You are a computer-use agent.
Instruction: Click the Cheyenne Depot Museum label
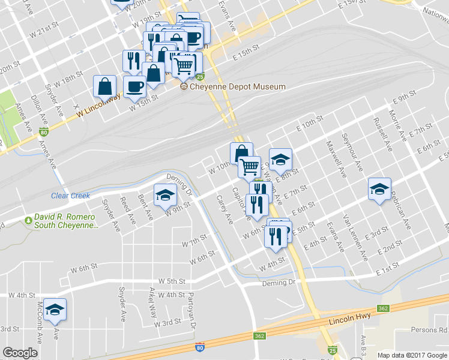point(238,87)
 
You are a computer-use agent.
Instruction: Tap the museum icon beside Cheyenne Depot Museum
point(184,87)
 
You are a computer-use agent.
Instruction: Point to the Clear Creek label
point(70,196)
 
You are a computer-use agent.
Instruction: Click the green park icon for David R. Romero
point(28,220)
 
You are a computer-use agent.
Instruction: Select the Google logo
point(20,353)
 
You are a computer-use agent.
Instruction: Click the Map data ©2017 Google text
point(412,355)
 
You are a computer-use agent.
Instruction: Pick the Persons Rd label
point(430,330)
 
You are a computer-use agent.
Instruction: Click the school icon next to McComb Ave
point(55,310)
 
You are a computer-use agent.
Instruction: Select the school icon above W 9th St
point(164,194)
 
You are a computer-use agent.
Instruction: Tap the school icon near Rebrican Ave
point(379,189)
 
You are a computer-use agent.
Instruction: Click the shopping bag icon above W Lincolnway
point(105,86)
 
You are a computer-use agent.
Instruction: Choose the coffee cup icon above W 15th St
point(134,86)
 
